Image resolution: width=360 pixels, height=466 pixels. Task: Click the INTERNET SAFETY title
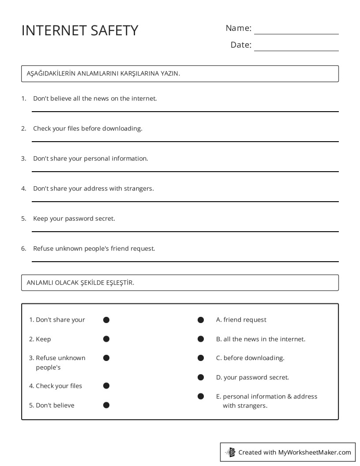pos(80,30)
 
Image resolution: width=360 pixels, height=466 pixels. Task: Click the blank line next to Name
pos(296,34)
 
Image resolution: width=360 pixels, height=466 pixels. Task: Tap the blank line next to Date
pos(296,50)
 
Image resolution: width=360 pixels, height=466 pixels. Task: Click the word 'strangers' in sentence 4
pos(139,188)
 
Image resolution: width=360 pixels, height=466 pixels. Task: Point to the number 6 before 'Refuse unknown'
pos(23,248)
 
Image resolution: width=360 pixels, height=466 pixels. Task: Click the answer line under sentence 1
pos(185,111)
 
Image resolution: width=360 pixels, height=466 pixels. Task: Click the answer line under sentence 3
pos(185,171)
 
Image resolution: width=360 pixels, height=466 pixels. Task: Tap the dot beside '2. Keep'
pos(106,339)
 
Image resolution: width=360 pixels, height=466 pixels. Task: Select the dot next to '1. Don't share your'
pos(106,320)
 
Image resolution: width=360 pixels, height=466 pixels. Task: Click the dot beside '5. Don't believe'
pos(106,405)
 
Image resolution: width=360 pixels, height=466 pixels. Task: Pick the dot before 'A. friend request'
pos(201,320)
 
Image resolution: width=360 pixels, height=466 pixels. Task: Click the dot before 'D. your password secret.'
pos(201,377)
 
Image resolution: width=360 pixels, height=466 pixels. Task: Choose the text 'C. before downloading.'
pos(250,358)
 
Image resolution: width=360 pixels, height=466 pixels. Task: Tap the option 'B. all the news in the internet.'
pos(260,339)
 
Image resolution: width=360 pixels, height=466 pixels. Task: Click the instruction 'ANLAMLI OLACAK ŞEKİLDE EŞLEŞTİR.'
pos(80,283)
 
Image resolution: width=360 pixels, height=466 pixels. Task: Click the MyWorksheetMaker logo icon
pos(230,452)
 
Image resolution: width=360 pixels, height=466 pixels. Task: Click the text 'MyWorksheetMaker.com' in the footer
pos(315,452)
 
